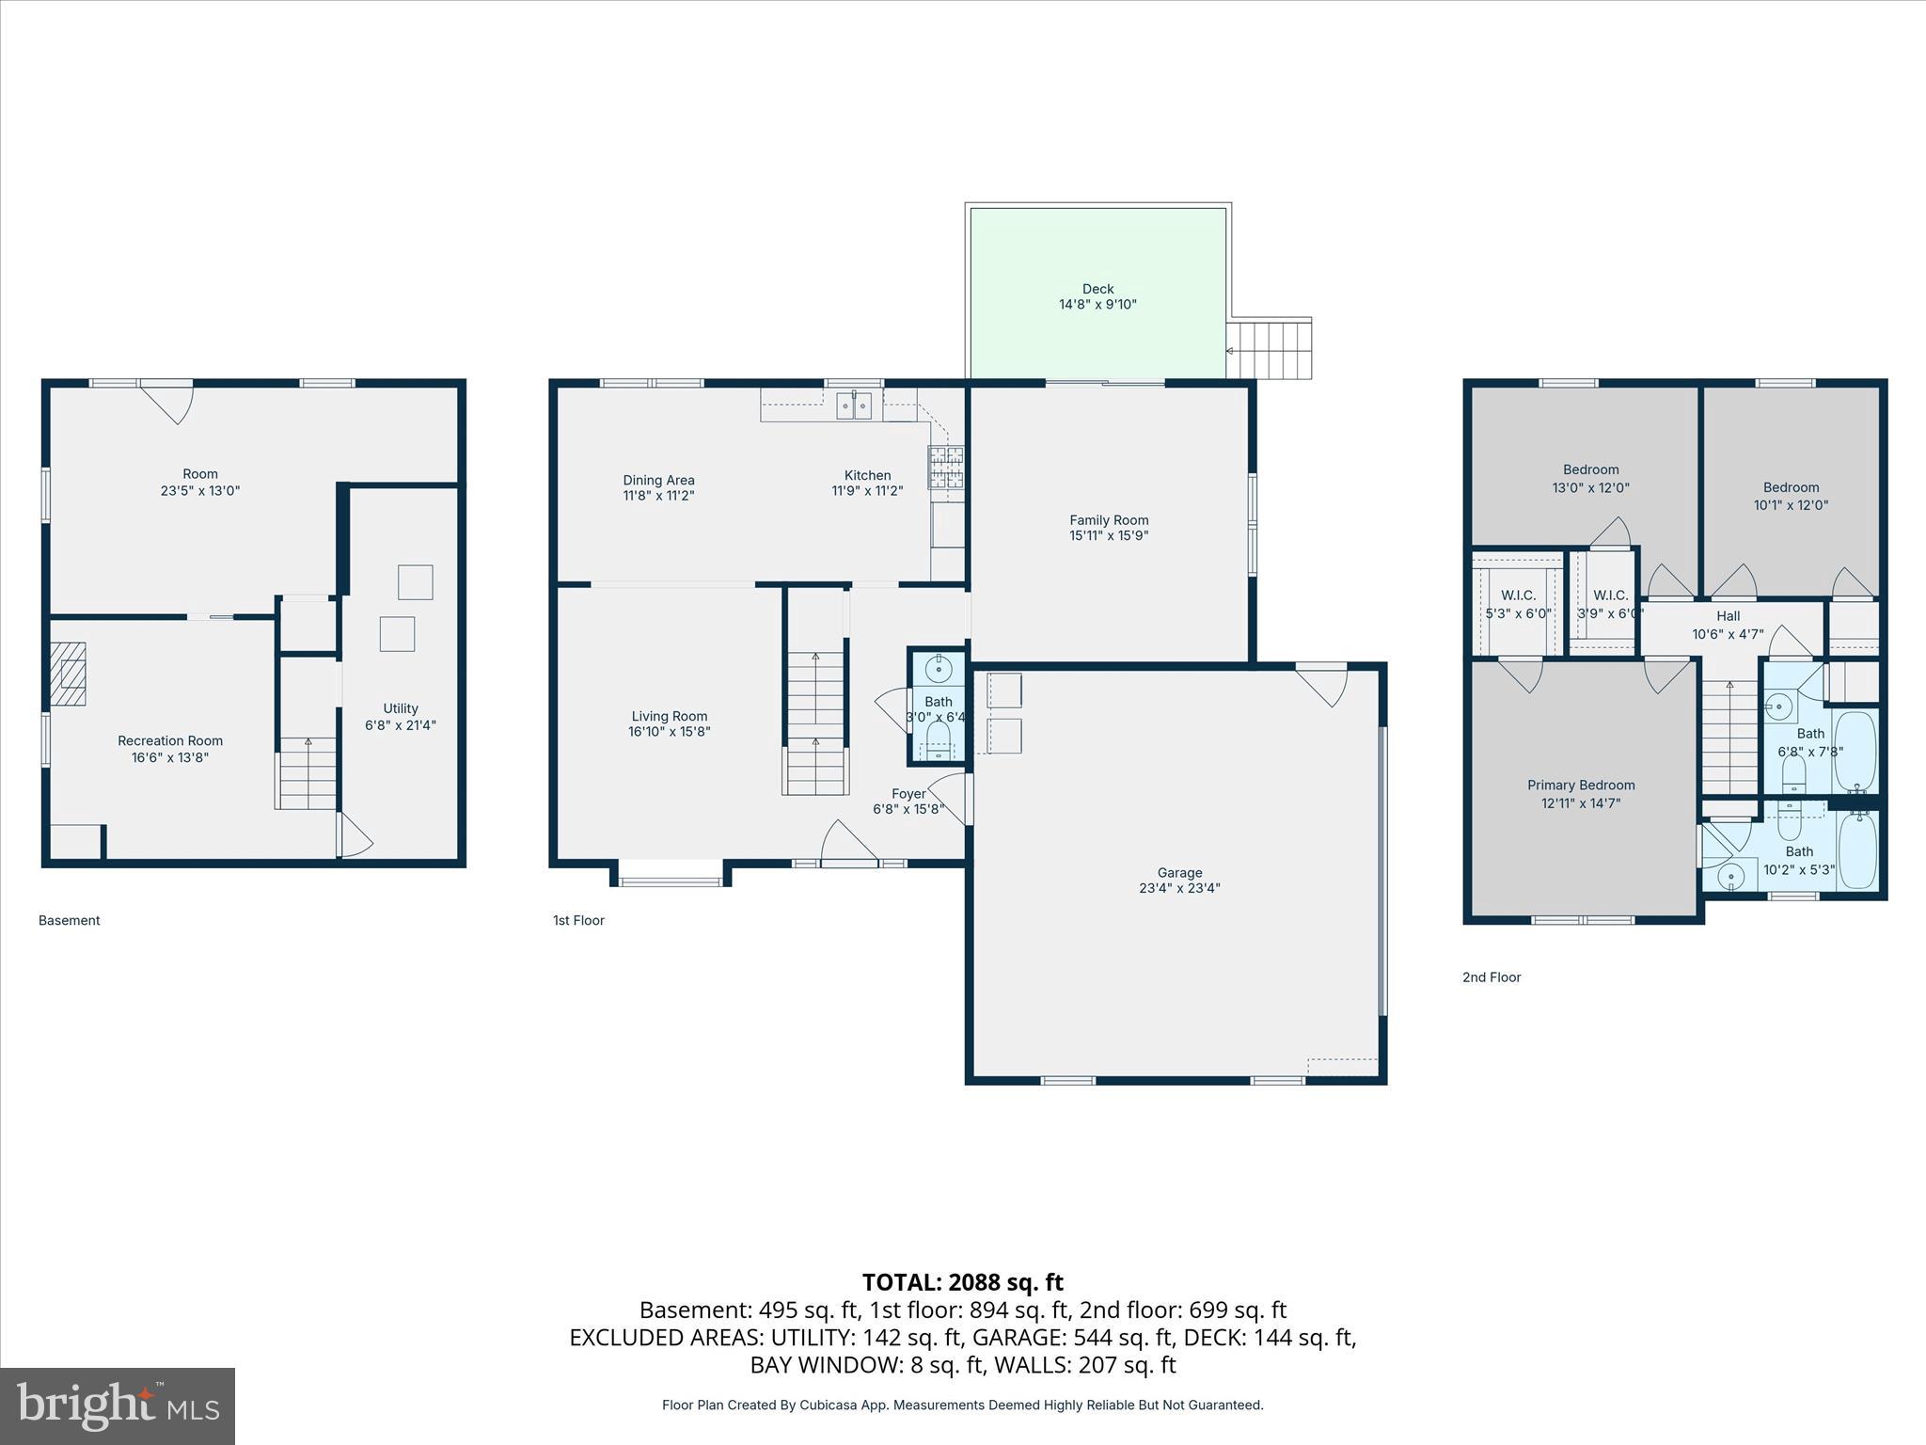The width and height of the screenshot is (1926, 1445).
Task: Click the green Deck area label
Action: pyautogui.click(x=1097, y=296)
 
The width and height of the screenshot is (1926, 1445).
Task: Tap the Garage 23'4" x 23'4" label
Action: pyautogui.click(x=1179, y=880)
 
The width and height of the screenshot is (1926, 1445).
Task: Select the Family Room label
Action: pyautogui.click(x=1109, y=528)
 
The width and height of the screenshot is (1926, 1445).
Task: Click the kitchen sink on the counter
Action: pyautogui.click(x=854, y=406)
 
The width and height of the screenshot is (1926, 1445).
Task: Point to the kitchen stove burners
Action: pyautogui.click(x=947, y=468)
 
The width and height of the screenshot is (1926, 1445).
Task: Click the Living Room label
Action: pyautogui.click(x=669, y=723)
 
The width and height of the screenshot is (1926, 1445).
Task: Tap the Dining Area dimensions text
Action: pyautogui.click(x=658, y=496)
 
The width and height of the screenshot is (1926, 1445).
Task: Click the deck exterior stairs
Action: pyautogui.click(x=1270, y=349)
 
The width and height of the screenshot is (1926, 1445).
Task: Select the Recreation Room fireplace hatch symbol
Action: pyautogui.click(x=68, y=674)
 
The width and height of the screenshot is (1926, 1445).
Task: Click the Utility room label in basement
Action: pyautogui.click(x=401, y=716)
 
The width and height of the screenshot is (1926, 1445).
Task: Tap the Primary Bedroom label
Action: pyautogui.click(x=1581, y=794)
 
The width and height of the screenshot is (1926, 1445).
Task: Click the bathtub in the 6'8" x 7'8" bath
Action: pyautogui.click(x=1855, y=752)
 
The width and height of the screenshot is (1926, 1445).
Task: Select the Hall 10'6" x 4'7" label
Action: pyautogui.click(x=1728, y=625)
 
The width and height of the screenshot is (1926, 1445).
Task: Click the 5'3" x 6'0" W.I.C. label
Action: pyautogui.click(x=1518, y=604)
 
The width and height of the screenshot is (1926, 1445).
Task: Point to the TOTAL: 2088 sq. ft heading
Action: pyautogui.click(x=962, y=1282)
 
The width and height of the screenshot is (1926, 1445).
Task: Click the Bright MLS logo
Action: pyautogui.click(x=118, y=1406)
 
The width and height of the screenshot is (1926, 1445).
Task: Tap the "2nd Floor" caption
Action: pyautogui.click(x=1491, y=977)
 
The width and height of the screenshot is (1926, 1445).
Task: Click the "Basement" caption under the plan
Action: pyautogui.click(x=69, y=921)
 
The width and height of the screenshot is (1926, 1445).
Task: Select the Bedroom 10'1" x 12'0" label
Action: pyautogui.click(x=1791, y=496)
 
